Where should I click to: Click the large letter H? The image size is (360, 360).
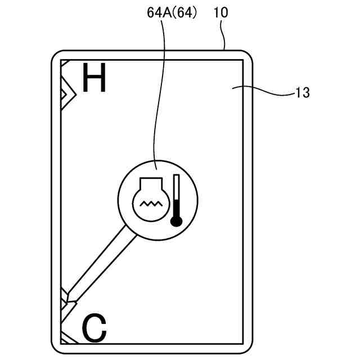[94, 78]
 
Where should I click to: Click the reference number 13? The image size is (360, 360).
[302, 93]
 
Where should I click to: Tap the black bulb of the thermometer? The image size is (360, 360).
[177, 220]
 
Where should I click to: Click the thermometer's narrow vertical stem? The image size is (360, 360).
[177, 194]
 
